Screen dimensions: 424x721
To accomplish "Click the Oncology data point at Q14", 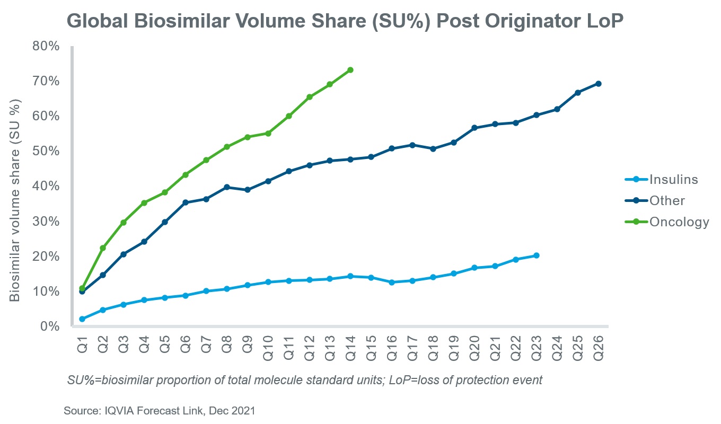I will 350,70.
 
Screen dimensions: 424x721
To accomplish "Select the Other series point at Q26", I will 599,84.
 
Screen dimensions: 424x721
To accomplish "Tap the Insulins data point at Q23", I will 537,255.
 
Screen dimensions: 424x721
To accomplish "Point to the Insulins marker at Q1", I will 82,319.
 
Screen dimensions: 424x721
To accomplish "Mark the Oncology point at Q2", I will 102,248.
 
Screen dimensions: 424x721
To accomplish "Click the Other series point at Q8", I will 226,187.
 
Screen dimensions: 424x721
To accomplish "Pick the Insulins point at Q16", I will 392,282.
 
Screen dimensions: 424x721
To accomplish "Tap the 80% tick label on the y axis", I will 46,46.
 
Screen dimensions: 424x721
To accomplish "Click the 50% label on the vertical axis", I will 46,151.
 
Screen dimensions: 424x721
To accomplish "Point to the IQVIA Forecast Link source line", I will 160,411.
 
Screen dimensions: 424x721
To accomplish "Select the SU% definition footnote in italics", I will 305,381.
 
